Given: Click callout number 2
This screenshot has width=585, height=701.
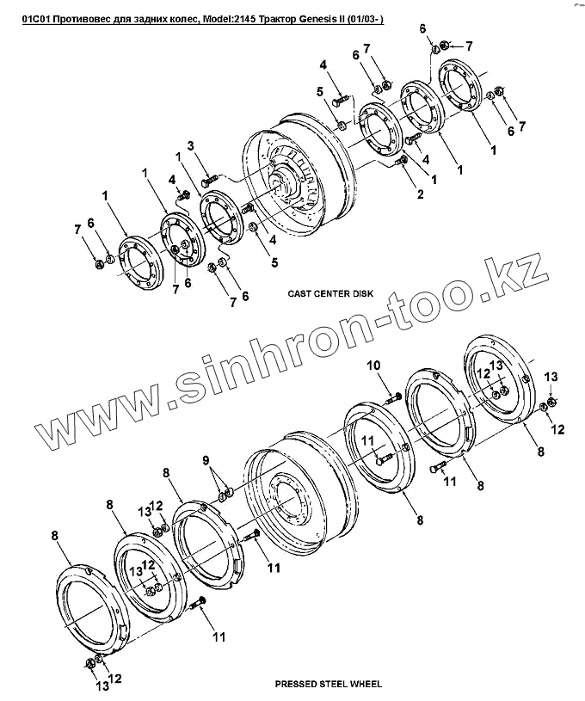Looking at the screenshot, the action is pyautogui.click(x=421, y=195).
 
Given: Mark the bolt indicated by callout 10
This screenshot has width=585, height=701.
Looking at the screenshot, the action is pyautogui.click(x=392, y=398).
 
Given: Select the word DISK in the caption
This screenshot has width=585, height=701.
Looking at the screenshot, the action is pyautogui.click(x=362, y=293).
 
